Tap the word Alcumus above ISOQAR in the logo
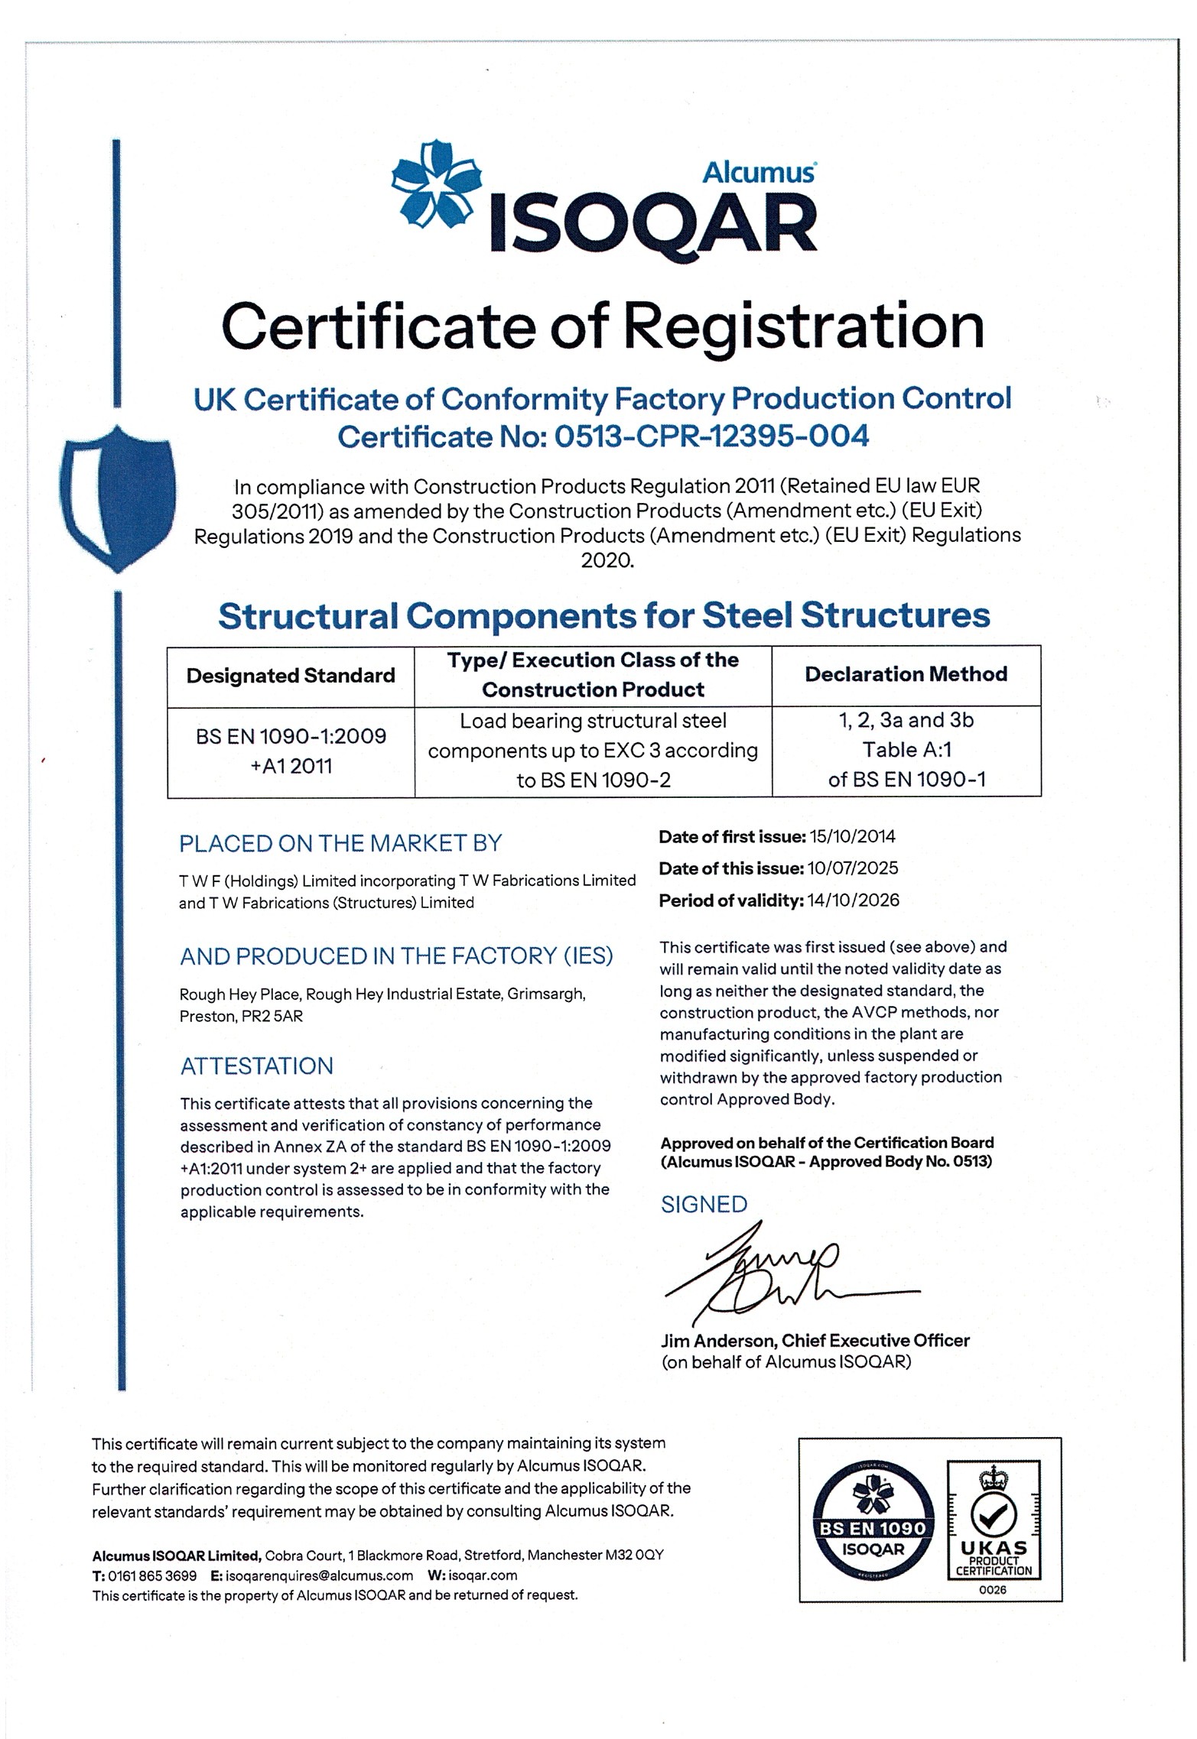tap(758, 172)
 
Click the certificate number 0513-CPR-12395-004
tap(711, 436)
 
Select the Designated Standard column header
tap(291, 676)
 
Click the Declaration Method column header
tap(906, 674)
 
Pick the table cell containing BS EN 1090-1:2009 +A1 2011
tap(291, 751)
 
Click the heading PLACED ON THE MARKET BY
tap(340, 843)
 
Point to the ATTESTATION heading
tap(257, 1066)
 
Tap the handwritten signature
tap(773, 1273)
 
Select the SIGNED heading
tap(704, 1205)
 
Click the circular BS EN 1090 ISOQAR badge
tap(873, 1520)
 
